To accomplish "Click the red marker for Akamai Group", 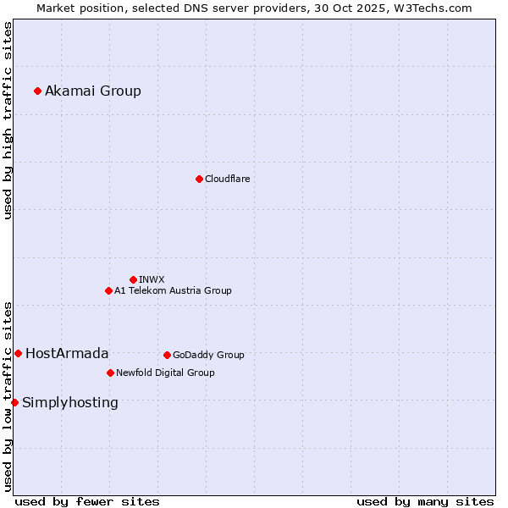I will (37, 91).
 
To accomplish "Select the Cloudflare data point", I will (199, 179).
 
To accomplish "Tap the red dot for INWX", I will (133, 279).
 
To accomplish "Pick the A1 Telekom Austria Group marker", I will (108, 290).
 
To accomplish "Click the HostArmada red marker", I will (18, 353).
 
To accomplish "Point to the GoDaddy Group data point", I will (167, 355).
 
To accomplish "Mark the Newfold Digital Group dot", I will (110, 373).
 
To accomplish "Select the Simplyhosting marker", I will (14, 402).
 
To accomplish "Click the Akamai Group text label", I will (93, 91).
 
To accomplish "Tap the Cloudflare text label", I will (227, 179).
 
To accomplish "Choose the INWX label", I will (152, 279).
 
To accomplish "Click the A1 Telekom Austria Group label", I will (173, 291).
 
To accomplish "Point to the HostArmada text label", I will (67, 354).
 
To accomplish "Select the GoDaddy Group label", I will (208, 356).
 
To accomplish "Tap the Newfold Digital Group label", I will (165, 373).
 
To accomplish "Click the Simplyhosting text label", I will (70, 403).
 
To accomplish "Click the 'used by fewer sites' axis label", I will (87, 501).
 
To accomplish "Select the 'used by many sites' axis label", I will (425, 501).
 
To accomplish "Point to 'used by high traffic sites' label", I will (8, 120).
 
